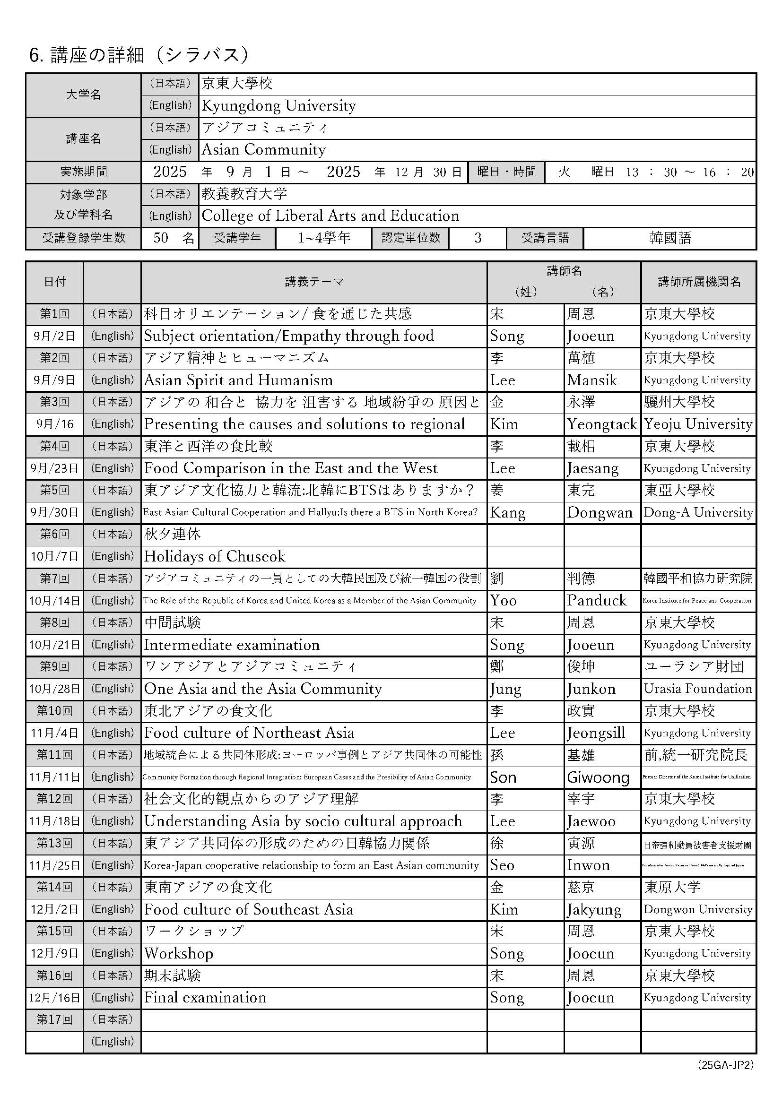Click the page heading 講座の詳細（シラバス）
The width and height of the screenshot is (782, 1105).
pos(139,55)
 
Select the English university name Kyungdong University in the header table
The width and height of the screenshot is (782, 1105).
pos(279,106)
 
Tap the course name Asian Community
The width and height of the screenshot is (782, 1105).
pos(263,150)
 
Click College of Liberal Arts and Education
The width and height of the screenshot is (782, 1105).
pos(330,216)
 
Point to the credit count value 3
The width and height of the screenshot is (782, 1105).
pos(477,238)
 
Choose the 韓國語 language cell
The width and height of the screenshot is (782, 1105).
pos(670,238)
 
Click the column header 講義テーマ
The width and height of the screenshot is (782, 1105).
pos(314,282)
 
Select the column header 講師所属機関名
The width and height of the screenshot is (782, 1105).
pos(699,282)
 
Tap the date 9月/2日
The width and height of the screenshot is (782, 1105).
pos(54,337)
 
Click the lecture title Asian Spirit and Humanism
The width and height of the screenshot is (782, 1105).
pos(238,380)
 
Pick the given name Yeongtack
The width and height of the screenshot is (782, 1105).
pos(602,424)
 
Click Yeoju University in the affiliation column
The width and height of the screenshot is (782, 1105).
pos(698,424)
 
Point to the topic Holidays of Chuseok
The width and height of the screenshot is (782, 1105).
pos(215,557)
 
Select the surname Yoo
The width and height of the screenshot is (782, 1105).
pos(503,601)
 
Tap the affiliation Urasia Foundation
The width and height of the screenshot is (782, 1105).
pos(698,689)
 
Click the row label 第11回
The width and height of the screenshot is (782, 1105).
pos(54,755)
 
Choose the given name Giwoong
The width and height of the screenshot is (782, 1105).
pos(598,778)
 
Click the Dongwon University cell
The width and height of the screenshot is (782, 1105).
pos(698,910)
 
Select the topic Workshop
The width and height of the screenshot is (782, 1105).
pos(179,954)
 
